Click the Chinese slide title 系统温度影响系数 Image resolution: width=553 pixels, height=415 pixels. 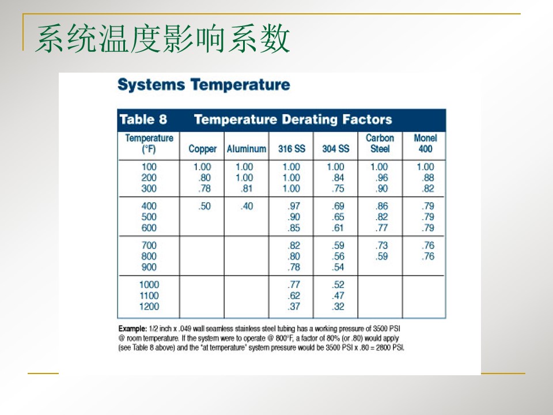pos(162,40)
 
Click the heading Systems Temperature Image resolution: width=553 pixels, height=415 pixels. pos(203,85)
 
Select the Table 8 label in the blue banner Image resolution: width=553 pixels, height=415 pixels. pos(143,119)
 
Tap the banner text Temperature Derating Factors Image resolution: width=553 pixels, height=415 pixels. pos(293,119)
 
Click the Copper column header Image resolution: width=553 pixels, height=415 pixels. pos(202,149)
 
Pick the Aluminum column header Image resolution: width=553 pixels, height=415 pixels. pos(246,149)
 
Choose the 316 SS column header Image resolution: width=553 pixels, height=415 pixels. pos(291,149)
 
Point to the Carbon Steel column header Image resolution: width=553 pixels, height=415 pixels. pos(380,143)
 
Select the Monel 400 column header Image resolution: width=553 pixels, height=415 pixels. pos(425,143)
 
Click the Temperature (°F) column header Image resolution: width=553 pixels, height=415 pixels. pos(149,143)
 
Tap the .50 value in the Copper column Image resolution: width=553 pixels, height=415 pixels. pos(204,206)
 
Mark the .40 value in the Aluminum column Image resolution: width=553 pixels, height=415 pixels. pos(247,206)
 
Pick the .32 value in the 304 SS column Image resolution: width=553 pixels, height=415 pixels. pos(338,307)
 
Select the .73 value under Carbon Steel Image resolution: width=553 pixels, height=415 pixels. pos(381,245)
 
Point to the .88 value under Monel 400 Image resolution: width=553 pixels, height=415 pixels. pos(427,178)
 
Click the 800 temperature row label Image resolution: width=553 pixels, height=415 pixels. pos(149,256)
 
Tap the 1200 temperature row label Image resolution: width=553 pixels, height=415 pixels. pos(149,307)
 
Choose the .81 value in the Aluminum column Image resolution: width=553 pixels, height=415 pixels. pos(247,188)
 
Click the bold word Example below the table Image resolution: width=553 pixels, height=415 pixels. pos(132,327)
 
